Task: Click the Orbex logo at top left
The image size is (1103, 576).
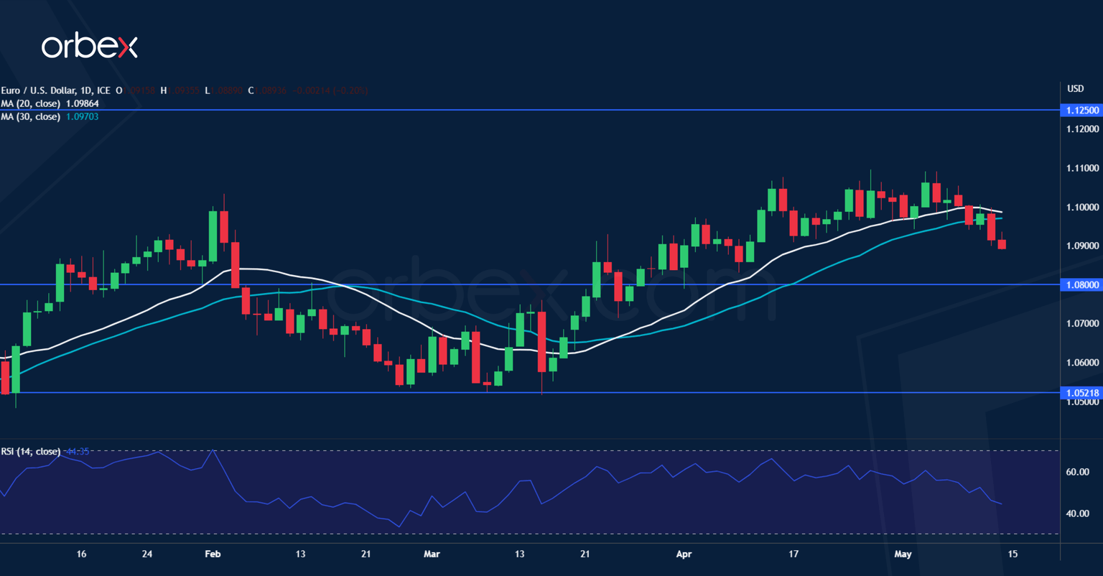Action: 89,47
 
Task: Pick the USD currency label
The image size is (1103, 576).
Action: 1075,89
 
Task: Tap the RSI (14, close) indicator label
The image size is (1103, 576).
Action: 31,452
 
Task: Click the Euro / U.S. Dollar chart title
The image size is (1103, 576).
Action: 55,90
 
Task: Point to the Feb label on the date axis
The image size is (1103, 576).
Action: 213,554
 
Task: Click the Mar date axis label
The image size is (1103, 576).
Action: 431,554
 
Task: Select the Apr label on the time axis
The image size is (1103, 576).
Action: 684,554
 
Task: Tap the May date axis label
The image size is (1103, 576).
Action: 903,554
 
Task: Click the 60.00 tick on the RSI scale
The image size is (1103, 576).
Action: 1078,472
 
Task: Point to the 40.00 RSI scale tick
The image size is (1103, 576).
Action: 1078,514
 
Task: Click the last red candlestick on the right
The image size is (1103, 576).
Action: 1002,244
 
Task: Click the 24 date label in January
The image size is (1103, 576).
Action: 146,554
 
